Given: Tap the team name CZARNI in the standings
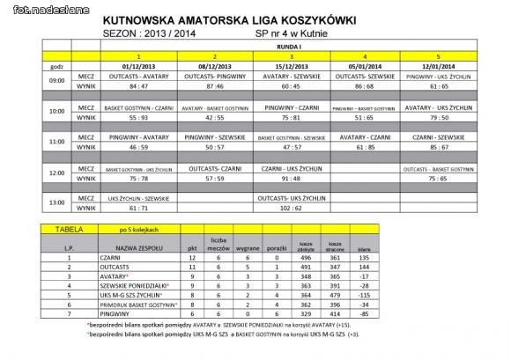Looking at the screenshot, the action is (114, 260).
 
